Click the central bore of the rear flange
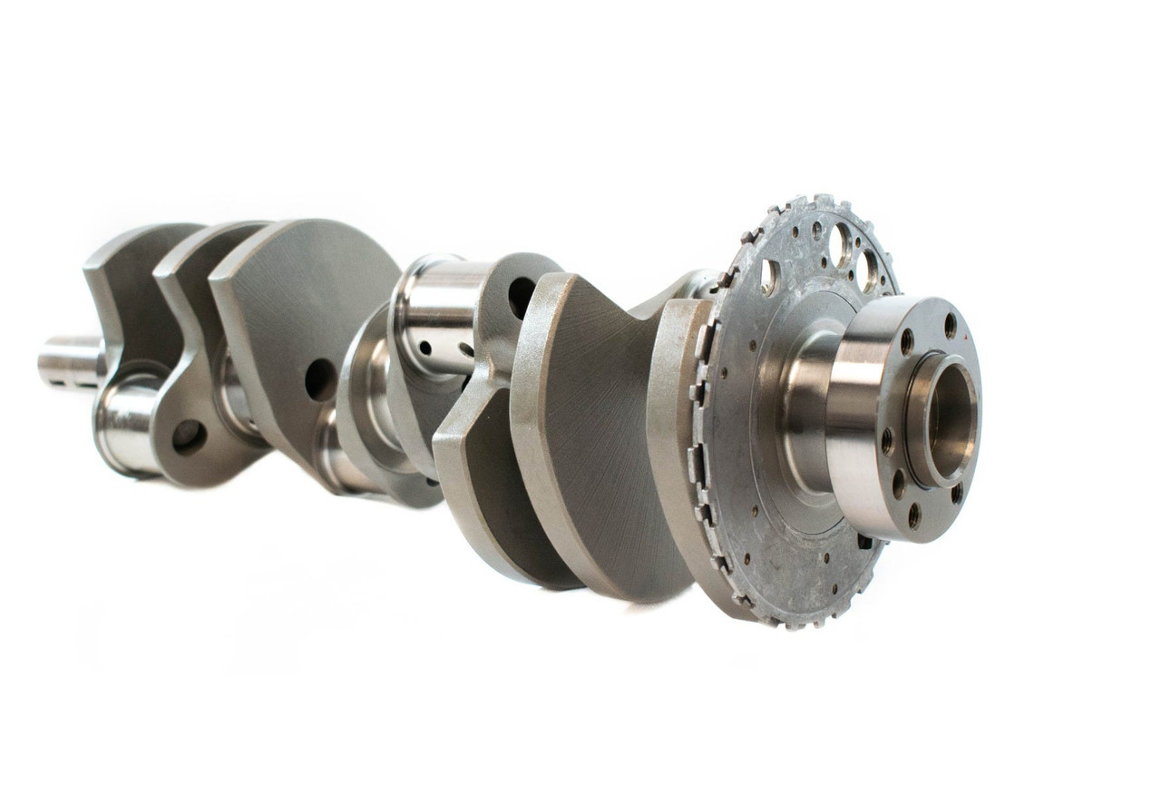tap(949, 418)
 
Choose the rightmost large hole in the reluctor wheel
tap(869, 270)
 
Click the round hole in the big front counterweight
tap(320, 379)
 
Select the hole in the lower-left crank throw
tap(188, 437)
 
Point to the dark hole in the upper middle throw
tap(522, 297)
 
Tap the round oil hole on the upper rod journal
tap(424, 348)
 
